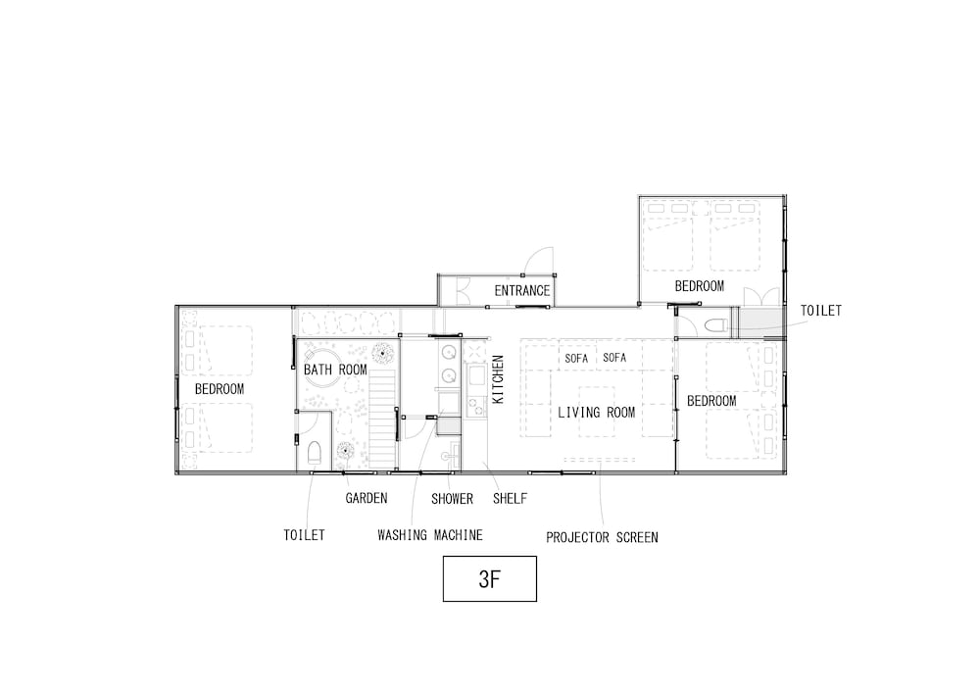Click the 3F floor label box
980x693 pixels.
tap(489, 578)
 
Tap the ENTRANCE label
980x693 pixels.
tap(522, 290)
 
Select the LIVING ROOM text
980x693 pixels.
tap(596, 413)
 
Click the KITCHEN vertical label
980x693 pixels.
tap(498, 379)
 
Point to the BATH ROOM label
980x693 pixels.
tap(335, 370)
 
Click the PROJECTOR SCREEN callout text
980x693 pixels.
tap(602, 537)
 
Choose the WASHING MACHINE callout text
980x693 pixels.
tap(430, 535)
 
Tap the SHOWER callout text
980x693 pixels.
tap(452, 499)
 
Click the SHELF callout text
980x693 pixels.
tap(510, 499)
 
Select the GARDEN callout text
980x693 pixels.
tap(367, 498)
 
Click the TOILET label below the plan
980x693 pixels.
tap(305, 535)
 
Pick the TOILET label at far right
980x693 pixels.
tap(821, 311)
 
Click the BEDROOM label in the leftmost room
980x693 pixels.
tap(220, 389)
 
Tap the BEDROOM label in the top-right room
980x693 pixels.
tap(700, 286)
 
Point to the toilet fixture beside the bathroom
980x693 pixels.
tap(315, 453)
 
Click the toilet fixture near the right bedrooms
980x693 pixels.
tap(715, 325)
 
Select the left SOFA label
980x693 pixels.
tap(576, 359)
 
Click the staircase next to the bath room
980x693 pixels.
tap(382, 419)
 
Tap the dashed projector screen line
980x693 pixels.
tap(600, 460)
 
